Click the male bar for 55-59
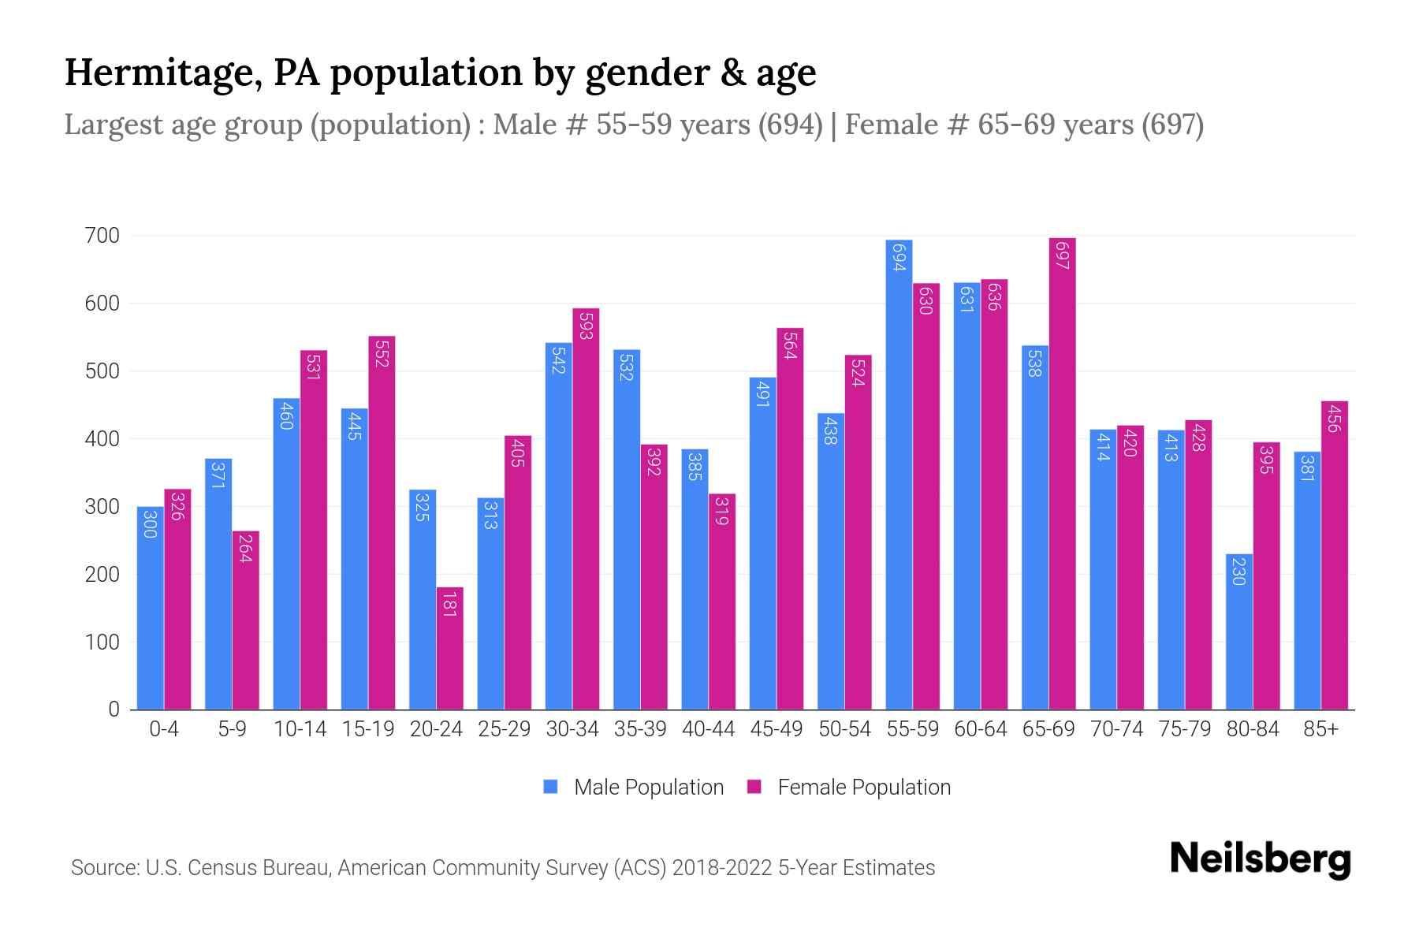pos(899,475)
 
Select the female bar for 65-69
pos(1062,473)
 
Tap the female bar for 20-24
pos(449,648)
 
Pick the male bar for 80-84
pos(1238,631)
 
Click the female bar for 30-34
pos(586,509)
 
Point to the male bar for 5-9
pos(218,583)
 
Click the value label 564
pos(790,345)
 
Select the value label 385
pos(695,466)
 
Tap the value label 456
pos(1334,418)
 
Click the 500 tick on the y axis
pos(102,371)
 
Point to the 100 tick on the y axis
pos(102,642)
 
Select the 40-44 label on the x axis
pos(708,729)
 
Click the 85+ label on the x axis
pos(1320,729)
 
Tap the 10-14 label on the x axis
pos(300,729)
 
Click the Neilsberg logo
pos(1260,859)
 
